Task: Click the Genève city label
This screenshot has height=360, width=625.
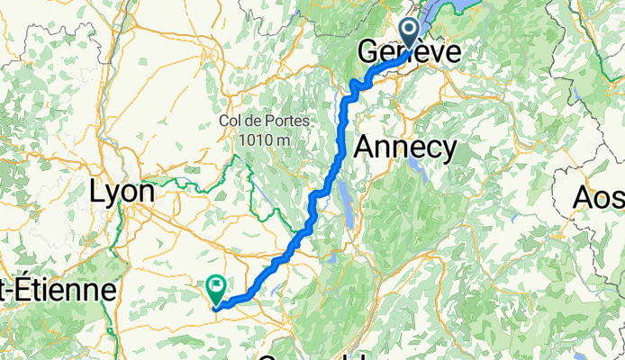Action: pos(410,52)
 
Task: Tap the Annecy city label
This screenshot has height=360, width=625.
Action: pos(405,148)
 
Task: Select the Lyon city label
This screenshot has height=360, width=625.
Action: pos(123,192)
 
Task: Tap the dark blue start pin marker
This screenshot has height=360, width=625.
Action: pos(410,34)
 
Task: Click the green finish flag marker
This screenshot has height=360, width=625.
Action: pos(216,288)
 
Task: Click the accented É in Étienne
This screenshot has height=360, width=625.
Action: pos(18,289)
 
